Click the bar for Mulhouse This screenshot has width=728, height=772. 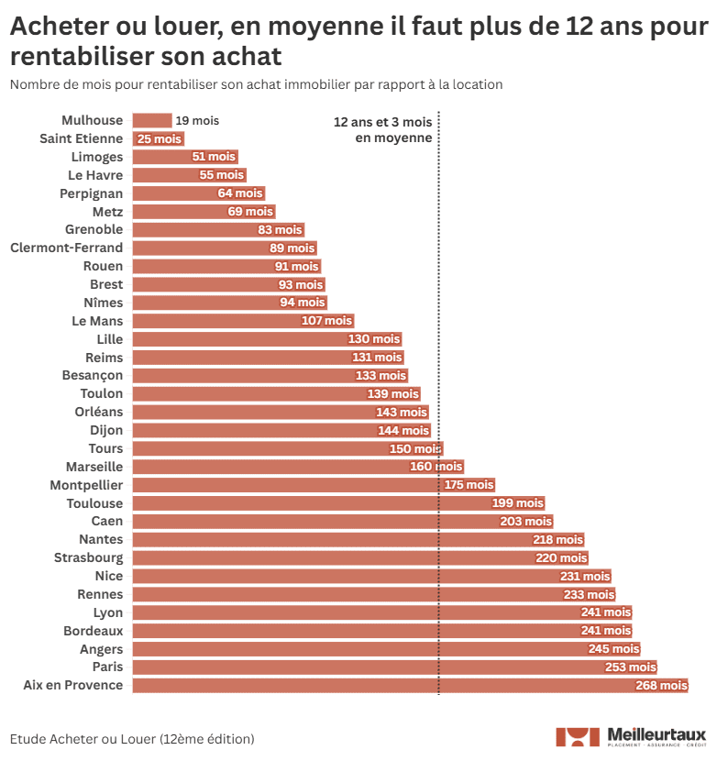[151, 120]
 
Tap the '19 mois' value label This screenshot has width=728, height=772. [197, 120]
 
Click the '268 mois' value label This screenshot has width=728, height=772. [660, 686]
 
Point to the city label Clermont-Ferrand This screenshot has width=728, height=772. [66, 248]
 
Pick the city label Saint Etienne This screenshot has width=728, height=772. [81, 138]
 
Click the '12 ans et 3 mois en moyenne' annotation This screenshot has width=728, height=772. [382, 129]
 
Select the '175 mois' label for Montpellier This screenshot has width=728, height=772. [469, 485]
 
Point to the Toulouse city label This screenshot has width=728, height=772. [94, 503]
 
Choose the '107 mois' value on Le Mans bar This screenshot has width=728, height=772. [326, 321]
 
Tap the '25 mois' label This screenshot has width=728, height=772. [160, 138]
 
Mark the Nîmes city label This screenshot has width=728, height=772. [103, 303]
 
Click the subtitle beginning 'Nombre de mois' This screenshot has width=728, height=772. [256, 84]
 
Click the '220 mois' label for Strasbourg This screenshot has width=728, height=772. [561, 557]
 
